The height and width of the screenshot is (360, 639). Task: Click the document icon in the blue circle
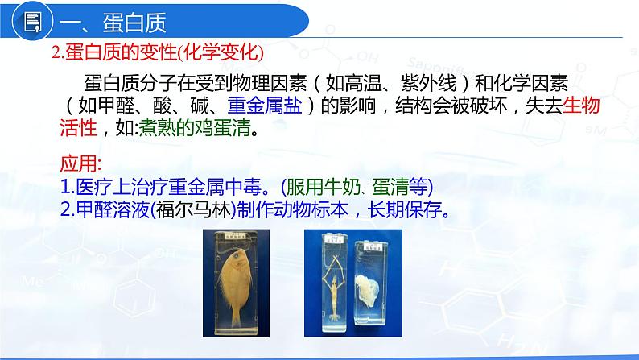tap(33, 22)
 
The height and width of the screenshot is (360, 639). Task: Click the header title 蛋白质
tap(134, 23)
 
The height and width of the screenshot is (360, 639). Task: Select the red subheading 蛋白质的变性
tap(121, 52)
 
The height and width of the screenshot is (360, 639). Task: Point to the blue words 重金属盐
tap(265, 106)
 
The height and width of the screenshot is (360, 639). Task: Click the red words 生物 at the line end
tap(581, 106)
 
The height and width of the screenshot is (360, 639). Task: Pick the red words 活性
tap(78, 127)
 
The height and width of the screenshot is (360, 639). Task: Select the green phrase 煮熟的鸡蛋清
tap(195, 127)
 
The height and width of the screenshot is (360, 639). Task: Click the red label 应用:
tap(80, 163)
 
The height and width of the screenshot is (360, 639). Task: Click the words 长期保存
tap(405, 210)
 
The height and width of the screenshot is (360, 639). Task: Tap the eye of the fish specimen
tap(236, 255)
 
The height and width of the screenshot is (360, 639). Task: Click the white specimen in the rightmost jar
tap(368, 290)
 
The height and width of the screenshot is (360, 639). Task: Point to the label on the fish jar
tap(235, 235)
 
